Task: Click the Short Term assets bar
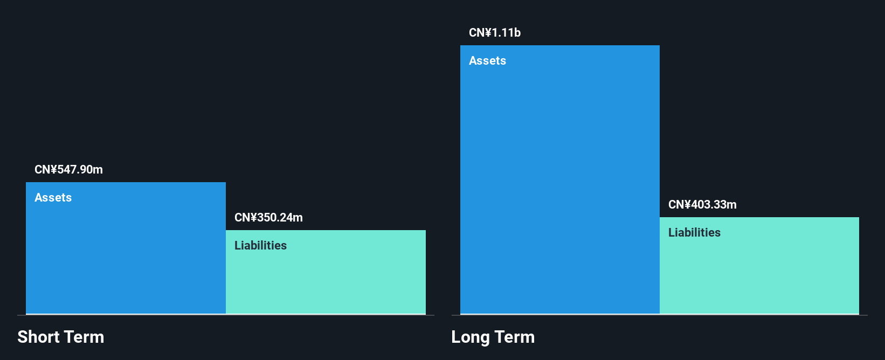coord(126,248)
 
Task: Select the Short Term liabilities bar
coord(326,272)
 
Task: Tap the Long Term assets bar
coord(560,179)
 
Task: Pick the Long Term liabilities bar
coord(759,266)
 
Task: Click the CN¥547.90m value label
coord(69,170)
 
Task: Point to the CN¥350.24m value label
coord(268,217)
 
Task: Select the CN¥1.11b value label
coord(495,32)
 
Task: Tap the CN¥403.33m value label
coord(702,204)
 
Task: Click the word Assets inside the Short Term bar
coord(53,198)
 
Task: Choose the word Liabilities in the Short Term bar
coord(261,245)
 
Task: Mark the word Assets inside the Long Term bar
coord(488,61)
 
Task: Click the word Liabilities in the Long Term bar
coord(695,232)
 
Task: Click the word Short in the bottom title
coord(38,337)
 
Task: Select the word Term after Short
coord(84,337)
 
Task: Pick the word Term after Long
coord(514,337)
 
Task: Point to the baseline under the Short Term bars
coord(226,315)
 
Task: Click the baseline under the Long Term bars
coord(660,315)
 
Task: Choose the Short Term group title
coord(61,337)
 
